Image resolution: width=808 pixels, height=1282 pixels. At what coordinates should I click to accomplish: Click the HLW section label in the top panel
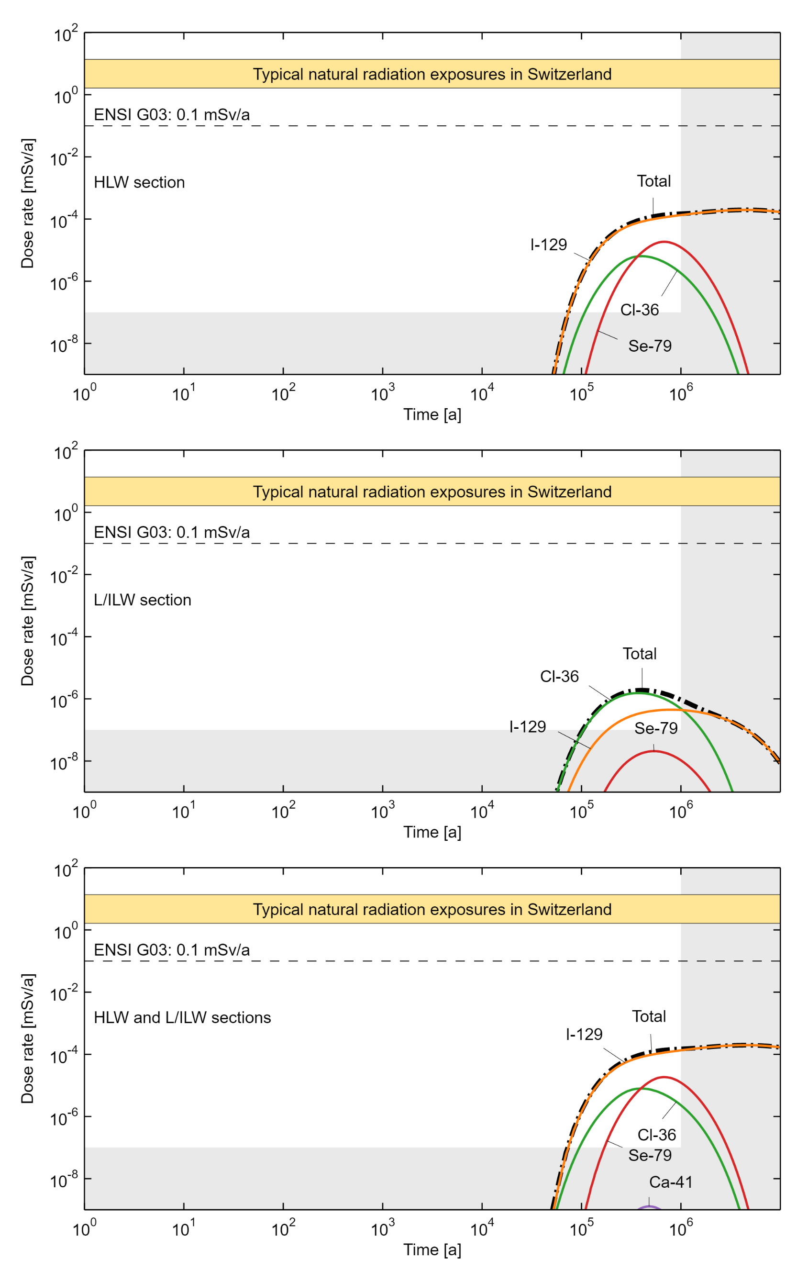139,183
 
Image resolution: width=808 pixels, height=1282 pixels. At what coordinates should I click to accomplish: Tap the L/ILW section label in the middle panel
142,600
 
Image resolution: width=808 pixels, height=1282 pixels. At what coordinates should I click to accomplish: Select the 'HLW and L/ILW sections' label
182,1017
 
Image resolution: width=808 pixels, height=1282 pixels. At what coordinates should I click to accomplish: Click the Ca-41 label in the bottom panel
671,1182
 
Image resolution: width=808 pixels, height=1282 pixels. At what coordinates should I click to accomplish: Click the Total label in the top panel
653,181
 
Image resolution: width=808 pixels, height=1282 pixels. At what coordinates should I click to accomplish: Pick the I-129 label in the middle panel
528,727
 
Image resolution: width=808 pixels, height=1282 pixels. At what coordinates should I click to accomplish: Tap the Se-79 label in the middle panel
656,728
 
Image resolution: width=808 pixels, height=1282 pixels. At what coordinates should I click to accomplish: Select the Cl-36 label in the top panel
639,310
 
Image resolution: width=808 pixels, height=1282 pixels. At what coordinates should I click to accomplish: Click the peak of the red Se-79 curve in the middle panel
653,751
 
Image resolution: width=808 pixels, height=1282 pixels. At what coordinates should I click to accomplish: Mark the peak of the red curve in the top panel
664,242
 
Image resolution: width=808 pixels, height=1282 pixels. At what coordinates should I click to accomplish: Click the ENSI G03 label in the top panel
171,115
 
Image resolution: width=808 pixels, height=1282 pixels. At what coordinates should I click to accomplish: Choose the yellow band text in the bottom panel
432,909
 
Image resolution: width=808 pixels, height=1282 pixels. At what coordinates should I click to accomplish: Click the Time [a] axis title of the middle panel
432,832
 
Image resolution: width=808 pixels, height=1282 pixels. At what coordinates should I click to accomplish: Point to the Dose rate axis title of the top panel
27,203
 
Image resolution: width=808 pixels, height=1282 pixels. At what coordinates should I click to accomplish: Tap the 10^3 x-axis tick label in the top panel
382,394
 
